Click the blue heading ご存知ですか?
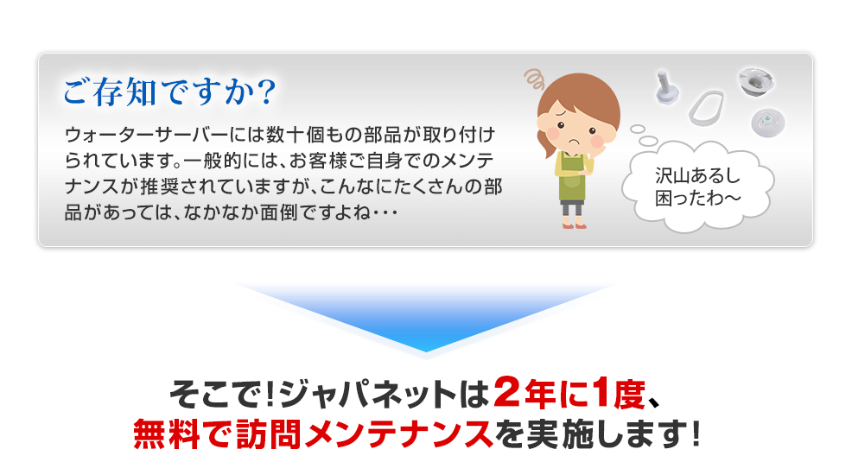coord(170,92)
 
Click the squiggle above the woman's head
coord(534,79)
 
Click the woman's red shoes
coord(575,225)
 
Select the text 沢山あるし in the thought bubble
coord(697,175)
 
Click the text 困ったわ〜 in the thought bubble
coord(697,198)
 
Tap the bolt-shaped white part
coord(666,87)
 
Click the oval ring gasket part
coord(706,107)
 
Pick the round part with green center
coord(768,122)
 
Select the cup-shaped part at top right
coord(756,81)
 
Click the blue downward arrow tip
coord(426,351)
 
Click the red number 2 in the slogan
coord(507,393)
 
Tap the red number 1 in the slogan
coord(602,393)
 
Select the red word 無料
coord(166,434)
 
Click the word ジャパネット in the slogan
coord(368,394)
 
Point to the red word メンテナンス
coord(397,434)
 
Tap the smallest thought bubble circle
coord(638,130)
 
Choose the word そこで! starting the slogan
coord(222,394)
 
